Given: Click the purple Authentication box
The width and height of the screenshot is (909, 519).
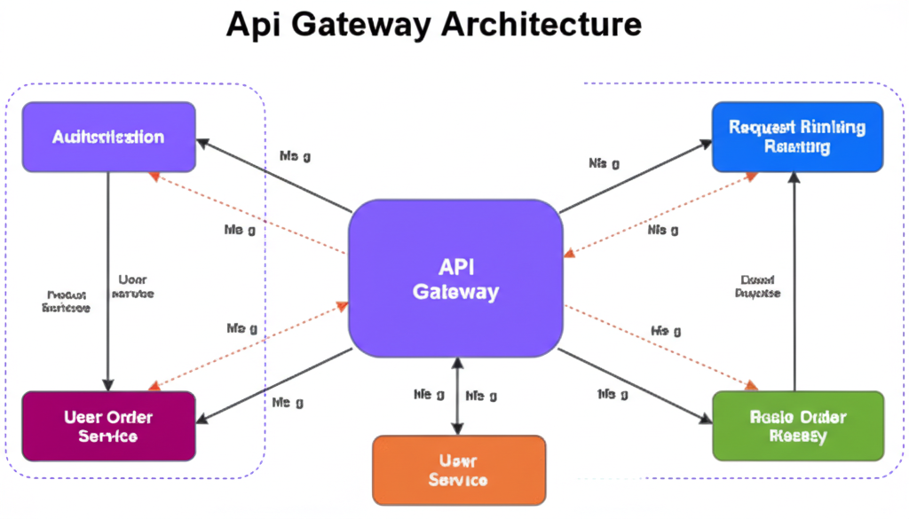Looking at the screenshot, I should click(108, 137).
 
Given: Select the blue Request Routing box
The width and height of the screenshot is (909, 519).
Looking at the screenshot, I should click(797, 137).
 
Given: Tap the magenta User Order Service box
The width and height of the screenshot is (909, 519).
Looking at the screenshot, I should click(108, 426).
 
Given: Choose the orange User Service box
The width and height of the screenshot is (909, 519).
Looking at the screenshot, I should click(457, 470).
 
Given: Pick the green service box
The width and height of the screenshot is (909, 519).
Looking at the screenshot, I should click(798, 426).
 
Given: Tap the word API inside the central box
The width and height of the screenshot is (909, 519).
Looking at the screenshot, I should click(455, 266).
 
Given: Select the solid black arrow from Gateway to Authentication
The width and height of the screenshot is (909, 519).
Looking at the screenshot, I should click(275, 176).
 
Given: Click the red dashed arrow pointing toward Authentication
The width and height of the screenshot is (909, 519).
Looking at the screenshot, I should click(249, 213).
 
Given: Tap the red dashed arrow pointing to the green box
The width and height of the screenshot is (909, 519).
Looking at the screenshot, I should click(661, 348).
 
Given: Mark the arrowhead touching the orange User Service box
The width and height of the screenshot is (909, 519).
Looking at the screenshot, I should click(457, 429).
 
